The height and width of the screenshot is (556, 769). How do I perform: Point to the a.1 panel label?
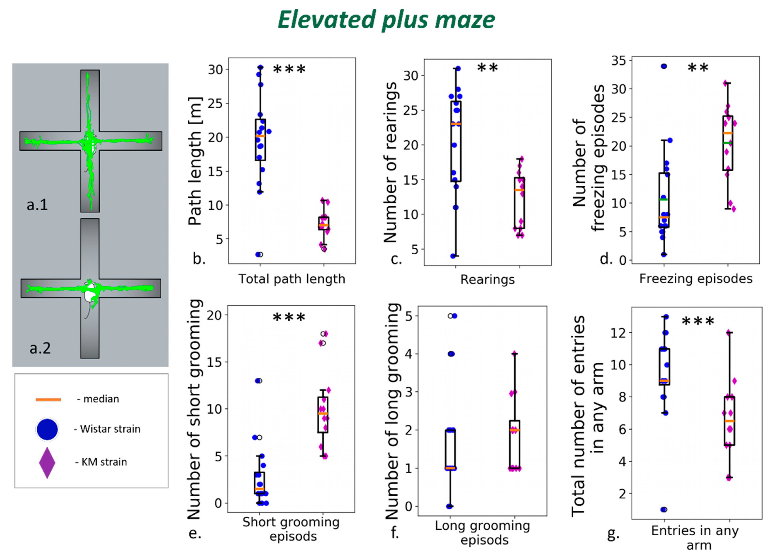37,205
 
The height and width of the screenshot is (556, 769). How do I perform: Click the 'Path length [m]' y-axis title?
195,161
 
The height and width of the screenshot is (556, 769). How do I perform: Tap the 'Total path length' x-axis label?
292,279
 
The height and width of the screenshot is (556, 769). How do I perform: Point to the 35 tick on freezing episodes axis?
619,61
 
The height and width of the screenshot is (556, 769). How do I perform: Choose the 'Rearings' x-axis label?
487,279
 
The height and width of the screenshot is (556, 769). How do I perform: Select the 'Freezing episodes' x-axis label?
696,278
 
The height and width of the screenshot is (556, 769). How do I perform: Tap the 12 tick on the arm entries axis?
618,333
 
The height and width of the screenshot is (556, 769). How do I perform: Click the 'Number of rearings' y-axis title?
390,162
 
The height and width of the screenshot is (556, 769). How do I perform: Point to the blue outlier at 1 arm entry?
663,509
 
